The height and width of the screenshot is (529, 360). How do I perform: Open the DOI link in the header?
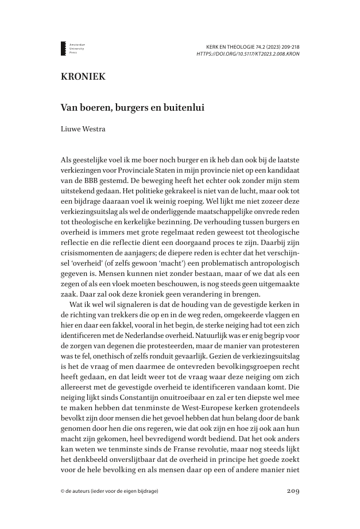pyautogui.click(x=247, y=54)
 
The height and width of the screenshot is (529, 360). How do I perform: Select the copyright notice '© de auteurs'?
pyautogui.click(x=109, y=491)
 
